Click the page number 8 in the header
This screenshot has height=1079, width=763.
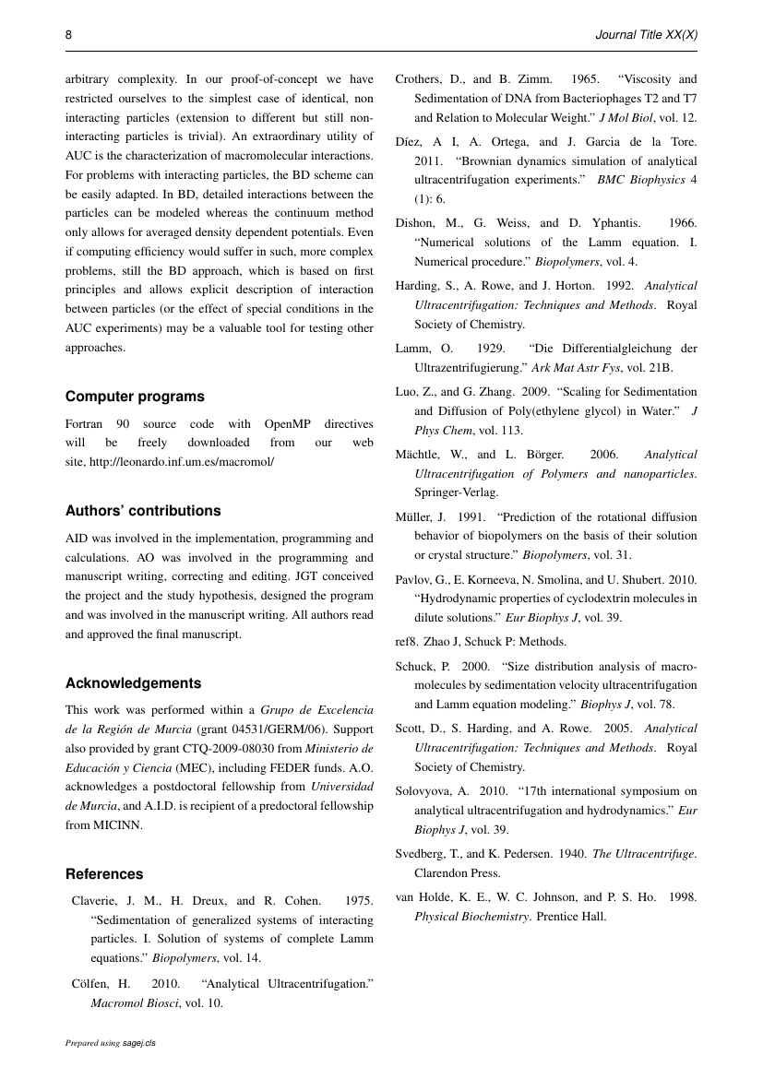point(69,34)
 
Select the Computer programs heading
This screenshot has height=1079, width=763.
point(135,397)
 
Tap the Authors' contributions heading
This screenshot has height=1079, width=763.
point(143,511)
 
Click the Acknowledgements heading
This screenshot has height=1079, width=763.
point(133,683)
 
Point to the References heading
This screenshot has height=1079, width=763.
point(104,874)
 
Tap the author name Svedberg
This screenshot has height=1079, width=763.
point(421,854)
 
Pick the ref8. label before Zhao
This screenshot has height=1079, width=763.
point(406,641)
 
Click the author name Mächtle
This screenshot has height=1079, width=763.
point(421,455)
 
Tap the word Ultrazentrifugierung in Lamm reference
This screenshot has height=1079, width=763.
point(472,368)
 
